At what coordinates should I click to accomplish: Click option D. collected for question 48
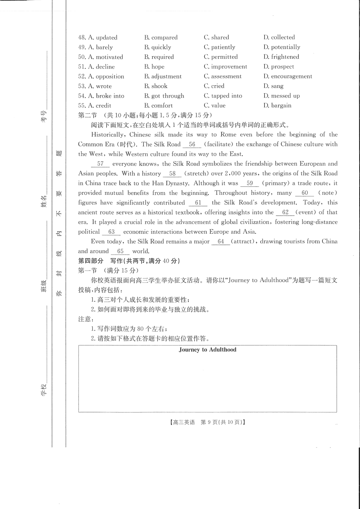click(x=279, y=37)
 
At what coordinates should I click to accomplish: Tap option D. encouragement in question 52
click(x=288, y=76)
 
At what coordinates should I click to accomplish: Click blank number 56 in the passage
click(x=192, y=144)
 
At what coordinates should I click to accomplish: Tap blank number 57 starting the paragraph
click(x=100, y=164)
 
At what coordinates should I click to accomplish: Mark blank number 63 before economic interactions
click(x=111, y=232)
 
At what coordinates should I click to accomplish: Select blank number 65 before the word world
click(x=120, y=251)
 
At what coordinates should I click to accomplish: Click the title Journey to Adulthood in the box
click(x=207, y=350)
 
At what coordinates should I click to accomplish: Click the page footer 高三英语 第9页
click(x=207, y=422)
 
